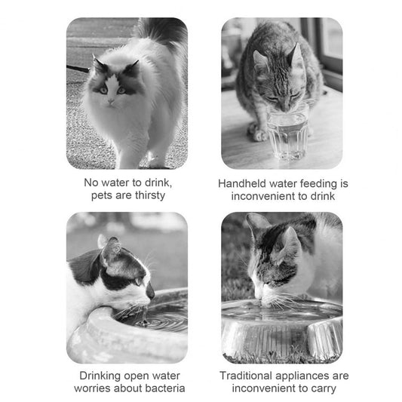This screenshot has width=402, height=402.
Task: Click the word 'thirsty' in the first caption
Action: [x=148, y=195]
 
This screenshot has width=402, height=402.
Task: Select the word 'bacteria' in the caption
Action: [x=162, y=388]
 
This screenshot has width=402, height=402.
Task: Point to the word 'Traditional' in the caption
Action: [x=249, y=375]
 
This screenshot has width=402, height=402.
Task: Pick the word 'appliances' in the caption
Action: [x=306, y=375]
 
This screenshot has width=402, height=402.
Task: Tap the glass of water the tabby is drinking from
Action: [x=287, y=135]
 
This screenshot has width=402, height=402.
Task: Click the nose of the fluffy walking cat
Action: [x=110, y=100]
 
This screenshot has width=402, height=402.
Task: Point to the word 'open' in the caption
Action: [x=140, y=375]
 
